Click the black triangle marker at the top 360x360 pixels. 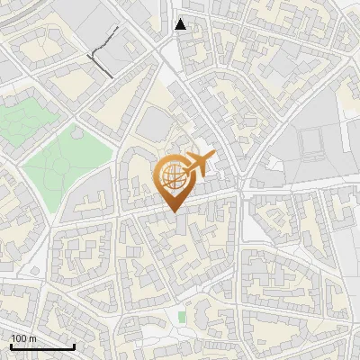click(181, 24)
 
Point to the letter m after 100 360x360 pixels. click(31, 338)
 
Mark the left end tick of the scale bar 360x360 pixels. click(12, 345)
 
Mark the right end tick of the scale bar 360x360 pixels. click(74, 345)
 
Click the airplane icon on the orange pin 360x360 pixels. click(197, 165)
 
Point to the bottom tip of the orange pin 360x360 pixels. click(173, 212)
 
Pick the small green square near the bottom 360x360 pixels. click(182, 317)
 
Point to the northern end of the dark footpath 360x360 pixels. click(117, 28)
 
